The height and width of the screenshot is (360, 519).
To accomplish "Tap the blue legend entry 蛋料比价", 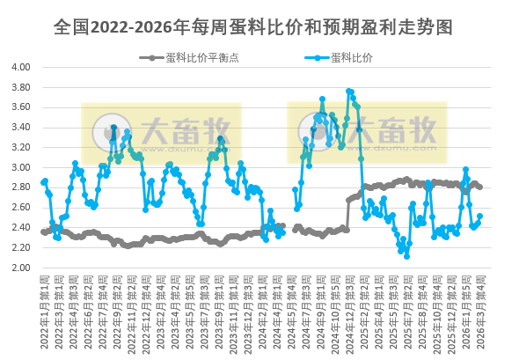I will [352, 58].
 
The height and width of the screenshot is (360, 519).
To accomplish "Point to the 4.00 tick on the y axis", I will [20, 67].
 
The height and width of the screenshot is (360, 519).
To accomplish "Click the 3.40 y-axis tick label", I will [20, 127].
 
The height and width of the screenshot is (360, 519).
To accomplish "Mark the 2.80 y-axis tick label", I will [20, 187].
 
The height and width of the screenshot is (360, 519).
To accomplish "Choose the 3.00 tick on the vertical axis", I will [20, 167].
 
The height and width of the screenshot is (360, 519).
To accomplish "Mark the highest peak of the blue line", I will [349, 91].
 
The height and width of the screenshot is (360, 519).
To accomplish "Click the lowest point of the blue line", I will [407, 255].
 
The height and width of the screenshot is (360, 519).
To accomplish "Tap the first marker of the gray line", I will [44, 231].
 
